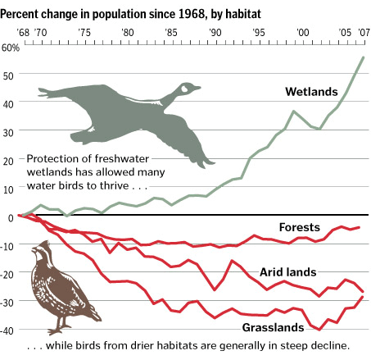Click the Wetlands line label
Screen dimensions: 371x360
point(311,92)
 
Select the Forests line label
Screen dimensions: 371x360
point(300,227)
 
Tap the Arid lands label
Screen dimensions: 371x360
point(288,272)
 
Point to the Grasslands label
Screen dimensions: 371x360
point(273,327)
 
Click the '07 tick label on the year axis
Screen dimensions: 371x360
point(364,33)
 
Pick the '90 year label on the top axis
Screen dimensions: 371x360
point(215,33)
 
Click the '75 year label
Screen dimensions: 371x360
point(84,33)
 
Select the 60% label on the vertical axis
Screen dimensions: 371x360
point(11,48)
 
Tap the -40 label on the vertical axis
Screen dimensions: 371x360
point(7,331)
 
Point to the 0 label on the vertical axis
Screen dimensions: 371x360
point(11,218)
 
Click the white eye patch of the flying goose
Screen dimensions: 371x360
point(184,89)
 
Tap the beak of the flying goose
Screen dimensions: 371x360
point(197,88)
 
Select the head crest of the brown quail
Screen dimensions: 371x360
point(45,244)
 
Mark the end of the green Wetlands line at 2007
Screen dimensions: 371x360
point(364,57)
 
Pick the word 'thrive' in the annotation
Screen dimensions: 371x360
point(114,185)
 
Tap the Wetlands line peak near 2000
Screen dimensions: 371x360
point(293,111)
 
